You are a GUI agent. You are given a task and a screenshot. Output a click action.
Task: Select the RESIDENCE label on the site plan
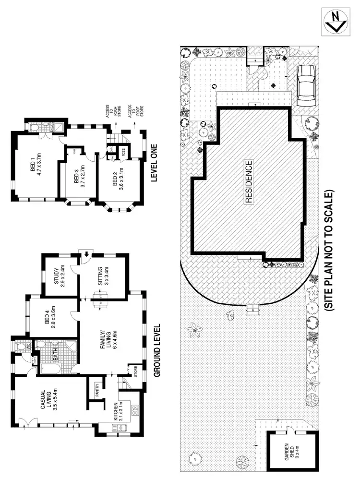[x=249, y=183]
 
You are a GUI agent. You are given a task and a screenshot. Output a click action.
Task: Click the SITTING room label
[x=103, y=276]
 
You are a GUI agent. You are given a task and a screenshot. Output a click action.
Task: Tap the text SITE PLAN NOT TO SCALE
[x=328, y=251]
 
